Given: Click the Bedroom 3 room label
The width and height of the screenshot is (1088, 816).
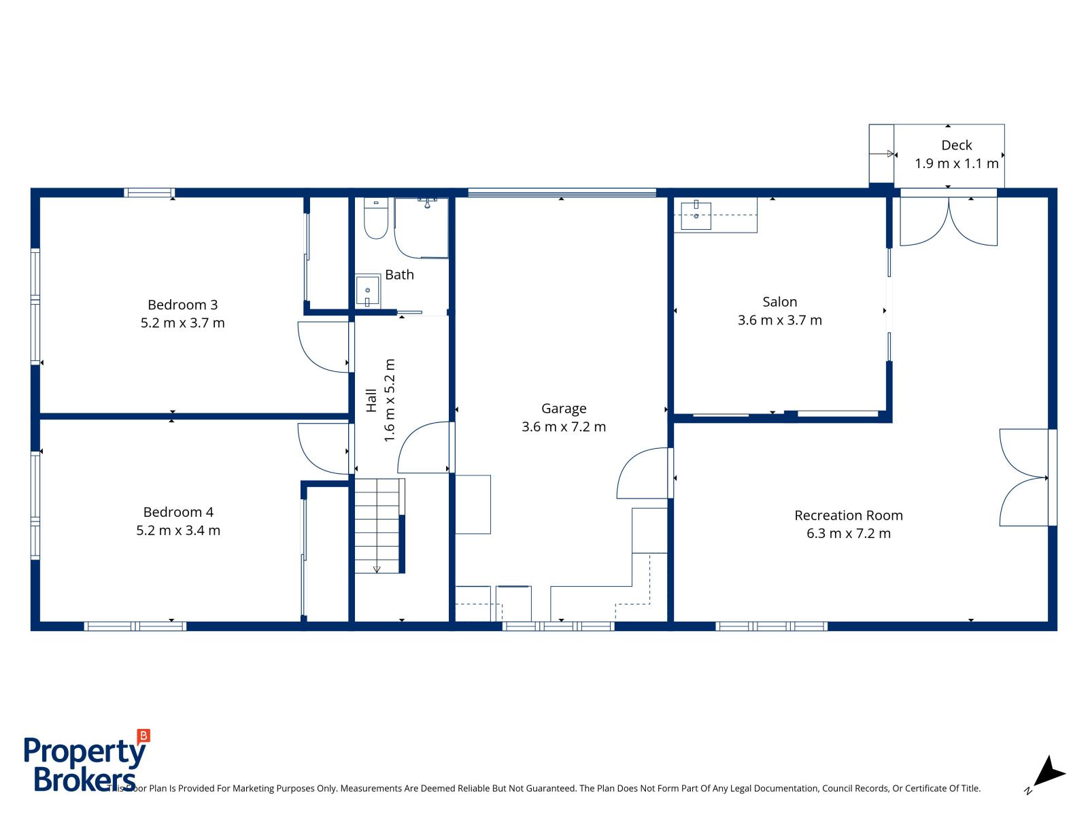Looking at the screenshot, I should [182, 305].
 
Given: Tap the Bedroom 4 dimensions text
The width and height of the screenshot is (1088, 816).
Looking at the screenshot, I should [178, 530].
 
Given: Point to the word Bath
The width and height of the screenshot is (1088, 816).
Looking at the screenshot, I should [399, 275].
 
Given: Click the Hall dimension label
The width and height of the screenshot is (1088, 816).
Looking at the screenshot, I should [390, 401].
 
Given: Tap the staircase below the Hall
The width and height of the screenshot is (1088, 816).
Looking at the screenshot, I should [378, 525].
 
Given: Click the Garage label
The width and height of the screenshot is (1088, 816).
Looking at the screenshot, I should [564, 409].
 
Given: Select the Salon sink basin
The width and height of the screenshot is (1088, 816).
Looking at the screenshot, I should [696, 216].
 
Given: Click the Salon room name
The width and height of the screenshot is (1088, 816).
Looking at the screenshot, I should [779, 302].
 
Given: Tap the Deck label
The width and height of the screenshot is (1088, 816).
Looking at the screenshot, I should [956, 145].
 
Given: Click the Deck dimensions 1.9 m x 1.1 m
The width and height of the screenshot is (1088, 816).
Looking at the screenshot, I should [956, 163].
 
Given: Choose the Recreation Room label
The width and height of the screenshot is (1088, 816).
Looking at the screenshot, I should [849, 515].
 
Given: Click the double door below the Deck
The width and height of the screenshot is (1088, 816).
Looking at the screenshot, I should [949, 221].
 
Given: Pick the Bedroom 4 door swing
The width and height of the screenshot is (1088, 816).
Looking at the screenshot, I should [324, 449].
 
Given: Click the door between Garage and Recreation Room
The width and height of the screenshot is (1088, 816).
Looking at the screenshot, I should [643, 474].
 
